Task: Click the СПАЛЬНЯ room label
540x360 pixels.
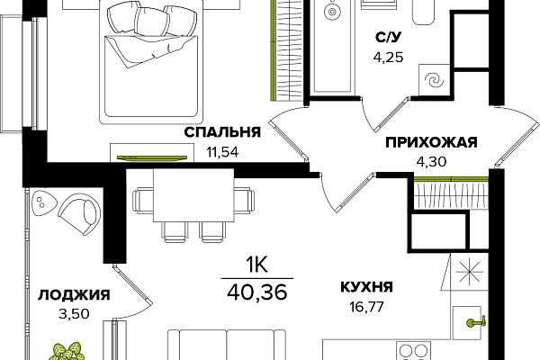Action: pyautogui.click(x=222, y=132)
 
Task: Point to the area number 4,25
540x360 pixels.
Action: pyautogui.click(x=389, y=55)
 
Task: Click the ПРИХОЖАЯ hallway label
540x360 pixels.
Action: pyautogui.click(x=430, y=143)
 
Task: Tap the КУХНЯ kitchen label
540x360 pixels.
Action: pyautogui.click(x=366, y=288)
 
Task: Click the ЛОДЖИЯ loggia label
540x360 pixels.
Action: pyautogui.click(x=74, y=294)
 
